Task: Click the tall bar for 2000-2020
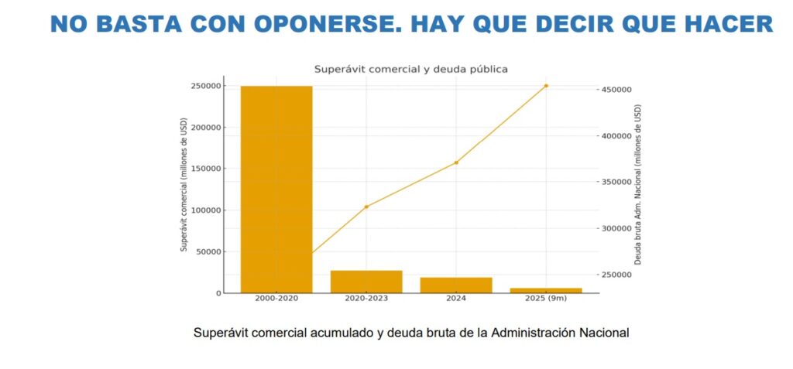276,190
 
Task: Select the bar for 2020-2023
366,282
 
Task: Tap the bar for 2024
456,285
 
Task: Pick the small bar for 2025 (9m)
546,290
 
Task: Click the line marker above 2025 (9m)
546,86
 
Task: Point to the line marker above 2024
456,162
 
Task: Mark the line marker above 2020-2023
366,207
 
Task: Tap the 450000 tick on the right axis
617,90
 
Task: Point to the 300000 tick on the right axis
617,229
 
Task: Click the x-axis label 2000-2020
276,299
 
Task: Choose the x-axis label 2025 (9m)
546,299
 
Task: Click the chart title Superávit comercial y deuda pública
410,69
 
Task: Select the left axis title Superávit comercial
184,185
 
